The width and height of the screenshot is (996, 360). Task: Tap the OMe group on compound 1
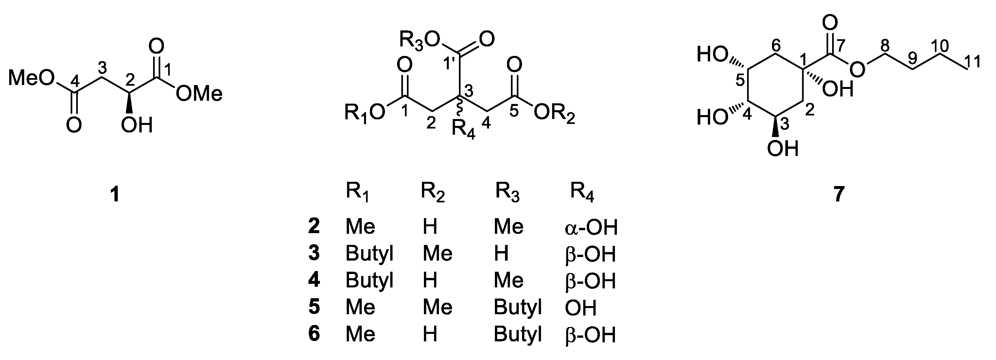[x=199, y=94]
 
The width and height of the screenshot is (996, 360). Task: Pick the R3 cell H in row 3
[x=501, y=254]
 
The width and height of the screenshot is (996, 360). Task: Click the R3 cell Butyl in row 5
[x=518, y=307]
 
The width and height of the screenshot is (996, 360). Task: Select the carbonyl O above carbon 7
[x=830, y=24]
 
